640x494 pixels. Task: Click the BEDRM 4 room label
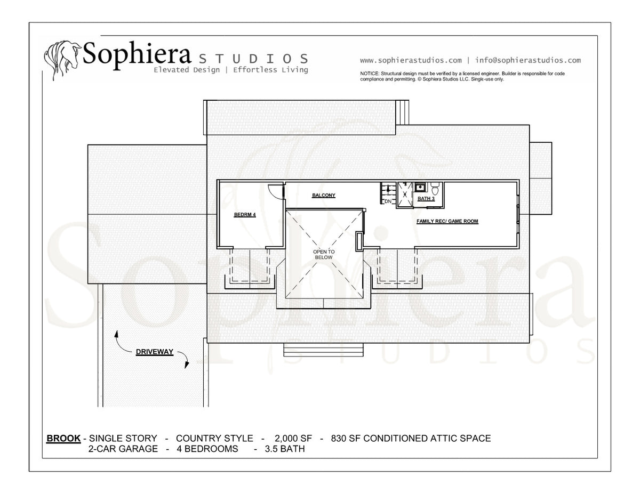point(245,215)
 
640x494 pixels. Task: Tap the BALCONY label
point(324,196)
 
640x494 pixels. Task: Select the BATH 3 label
point(426,199)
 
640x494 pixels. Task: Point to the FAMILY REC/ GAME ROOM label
point(447,221)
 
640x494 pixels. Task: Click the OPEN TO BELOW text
point(324,255)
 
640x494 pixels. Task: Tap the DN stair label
point(388,201)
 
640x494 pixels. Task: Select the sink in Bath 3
point(419,187)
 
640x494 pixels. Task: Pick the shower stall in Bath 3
point(405,195)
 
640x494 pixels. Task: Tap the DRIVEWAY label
point(154,352)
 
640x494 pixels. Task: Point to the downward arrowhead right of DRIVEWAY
point(187,365)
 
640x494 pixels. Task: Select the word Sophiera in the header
point(137,55)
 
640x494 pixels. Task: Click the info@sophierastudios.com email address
point(528,60)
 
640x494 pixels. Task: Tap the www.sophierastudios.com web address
point(411,61)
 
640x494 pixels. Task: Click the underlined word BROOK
point(63,439)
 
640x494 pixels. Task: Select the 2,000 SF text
point(293,439)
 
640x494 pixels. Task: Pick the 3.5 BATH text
point(285,449)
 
